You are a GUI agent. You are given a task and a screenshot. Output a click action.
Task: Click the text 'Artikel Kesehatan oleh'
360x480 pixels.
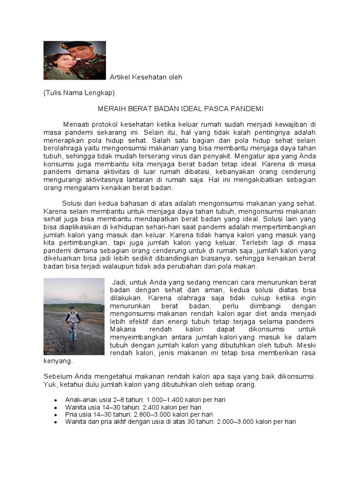(x=146, y=77)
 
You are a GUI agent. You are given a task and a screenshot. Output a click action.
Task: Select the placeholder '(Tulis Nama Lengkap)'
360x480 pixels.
(x=79, y=93)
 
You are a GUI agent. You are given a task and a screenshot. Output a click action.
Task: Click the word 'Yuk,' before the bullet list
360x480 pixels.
(x=50, y=385)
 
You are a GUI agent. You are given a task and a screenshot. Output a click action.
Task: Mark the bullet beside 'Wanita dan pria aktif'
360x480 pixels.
(x=56, y=422)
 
